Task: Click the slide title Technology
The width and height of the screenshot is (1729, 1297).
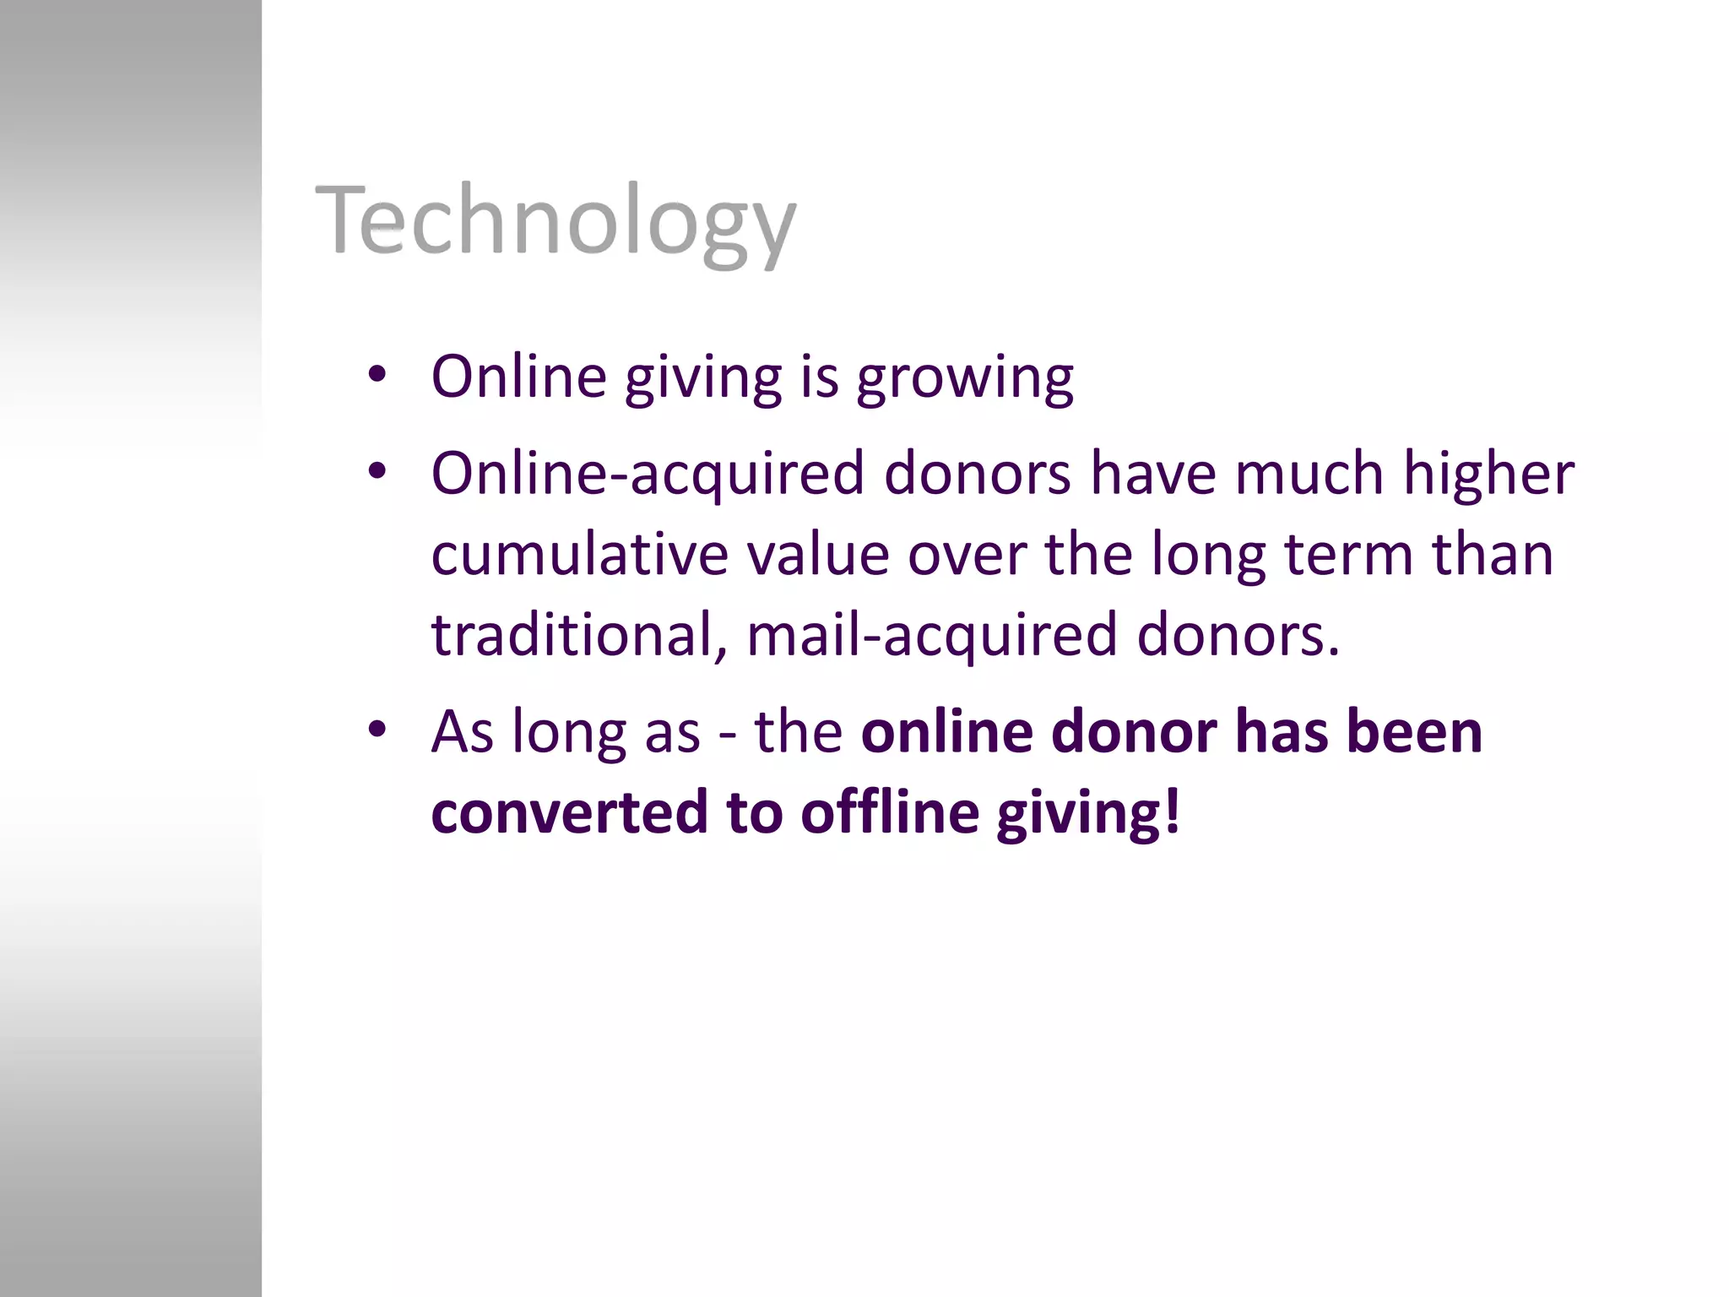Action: [555, 221]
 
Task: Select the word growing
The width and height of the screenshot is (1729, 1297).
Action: [965, 378]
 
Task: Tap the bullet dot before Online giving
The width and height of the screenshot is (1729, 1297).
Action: [377, 374]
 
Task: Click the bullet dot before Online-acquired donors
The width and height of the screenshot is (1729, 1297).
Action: [377, 470]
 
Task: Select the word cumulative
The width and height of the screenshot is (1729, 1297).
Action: [579, 555]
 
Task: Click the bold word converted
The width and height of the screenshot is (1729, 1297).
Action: [569, 811]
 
